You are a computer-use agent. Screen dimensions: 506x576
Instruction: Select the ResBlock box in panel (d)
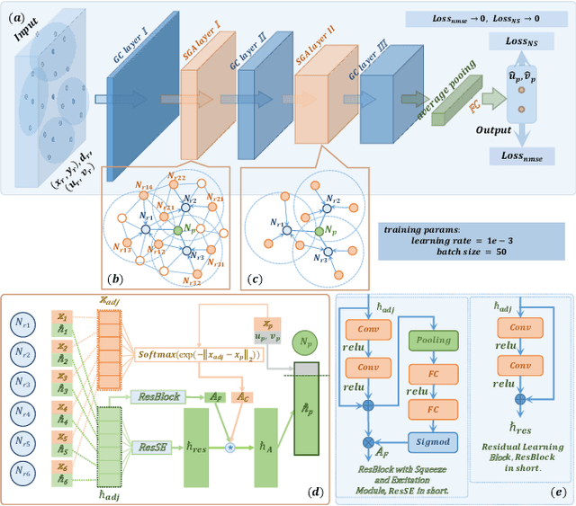158,395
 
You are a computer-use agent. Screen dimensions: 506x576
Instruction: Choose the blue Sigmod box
435,441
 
